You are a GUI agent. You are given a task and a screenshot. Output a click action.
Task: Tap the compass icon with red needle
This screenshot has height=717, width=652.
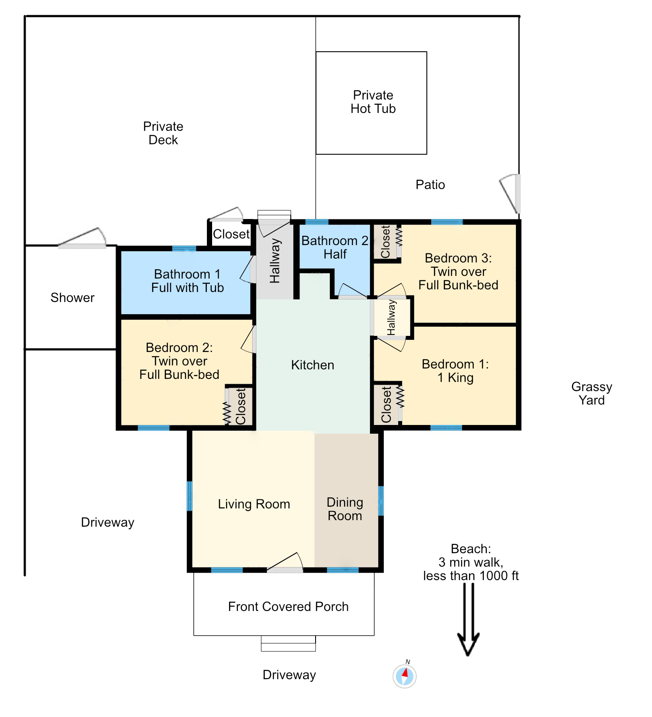tap(405, 676)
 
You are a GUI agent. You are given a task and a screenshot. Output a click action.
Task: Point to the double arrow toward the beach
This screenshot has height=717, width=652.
tap(469, 619)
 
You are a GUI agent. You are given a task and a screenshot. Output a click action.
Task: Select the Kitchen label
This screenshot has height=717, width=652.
tap(313, 365)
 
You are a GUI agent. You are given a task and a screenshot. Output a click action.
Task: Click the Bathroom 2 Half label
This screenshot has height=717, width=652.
tap(335, 247)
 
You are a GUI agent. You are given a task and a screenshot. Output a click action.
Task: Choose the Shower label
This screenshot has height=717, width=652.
tap(72, 298)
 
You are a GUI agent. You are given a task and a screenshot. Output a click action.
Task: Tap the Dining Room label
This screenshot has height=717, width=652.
tap(345, 509)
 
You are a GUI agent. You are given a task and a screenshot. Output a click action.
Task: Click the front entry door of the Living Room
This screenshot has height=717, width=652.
tap(285, 563)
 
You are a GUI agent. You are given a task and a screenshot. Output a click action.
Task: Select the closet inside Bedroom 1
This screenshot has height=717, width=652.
tap(386, 404)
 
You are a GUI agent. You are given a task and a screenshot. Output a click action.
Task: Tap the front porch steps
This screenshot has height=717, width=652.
tap(288, 644)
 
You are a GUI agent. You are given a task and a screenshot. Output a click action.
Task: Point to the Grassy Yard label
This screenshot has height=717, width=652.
tap(592, 393)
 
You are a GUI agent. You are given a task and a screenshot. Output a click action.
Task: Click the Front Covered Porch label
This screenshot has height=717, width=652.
tap(288, 607)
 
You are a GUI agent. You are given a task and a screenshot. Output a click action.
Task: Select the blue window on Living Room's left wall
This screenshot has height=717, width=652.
tap(190, 496)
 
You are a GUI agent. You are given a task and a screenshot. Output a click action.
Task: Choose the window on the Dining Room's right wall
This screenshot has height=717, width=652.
tap(381, 501)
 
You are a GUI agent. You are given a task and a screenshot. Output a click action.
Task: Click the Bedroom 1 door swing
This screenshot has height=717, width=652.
tap(391, 344)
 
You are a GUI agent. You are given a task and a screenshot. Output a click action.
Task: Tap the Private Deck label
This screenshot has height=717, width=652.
tap(163, 133)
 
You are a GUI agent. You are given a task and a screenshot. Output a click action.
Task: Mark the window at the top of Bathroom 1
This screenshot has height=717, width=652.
tap(184, 249)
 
